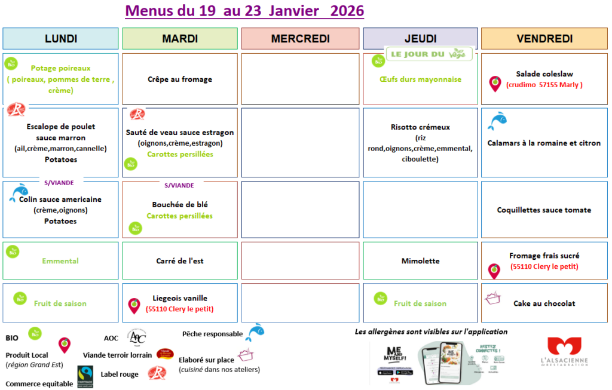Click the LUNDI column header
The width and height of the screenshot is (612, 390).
click(61, 39)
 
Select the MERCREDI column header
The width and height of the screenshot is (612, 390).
click(300, 39)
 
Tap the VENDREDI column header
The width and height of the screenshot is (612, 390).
click(544, 39)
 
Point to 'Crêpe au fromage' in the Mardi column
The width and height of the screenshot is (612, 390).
click(180, 79)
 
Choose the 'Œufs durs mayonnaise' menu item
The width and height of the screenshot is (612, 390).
click(420, 79)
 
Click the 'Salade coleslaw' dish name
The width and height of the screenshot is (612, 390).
click(544, 74)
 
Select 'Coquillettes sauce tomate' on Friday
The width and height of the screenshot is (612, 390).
click(544, 210)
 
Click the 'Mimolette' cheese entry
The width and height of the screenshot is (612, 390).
click(420, 261)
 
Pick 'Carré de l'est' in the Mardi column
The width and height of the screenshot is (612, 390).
click(180, 261)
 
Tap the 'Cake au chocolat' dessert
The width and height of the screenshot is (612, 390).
click(544, 303)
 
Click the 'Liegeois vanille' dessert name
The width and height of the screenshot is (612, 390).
click(180, 298)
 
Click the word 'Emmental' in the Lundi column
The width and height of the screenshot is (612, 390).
click(60, 261)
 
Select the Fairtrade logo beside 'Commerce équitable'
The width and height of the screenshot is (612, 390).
click(85, 377)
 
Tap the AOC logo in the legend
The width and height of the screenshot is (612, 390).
click(137, 337)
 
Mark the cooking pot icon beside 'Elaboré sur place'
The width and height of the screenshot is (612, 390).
click(246, 356)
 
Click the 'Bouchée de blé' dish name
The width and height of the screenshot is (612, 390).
click(180, 205)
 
